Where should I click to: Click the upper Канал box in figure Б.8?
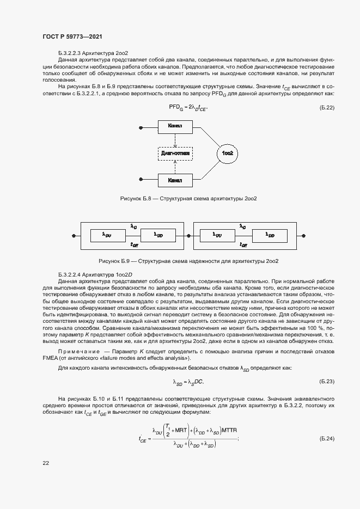click(175, 126)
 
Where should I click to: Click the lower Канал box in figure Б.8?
click(175, 179)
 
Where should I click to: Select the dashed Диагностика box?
click(175, 153)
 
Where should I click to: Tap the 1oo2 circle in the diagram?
click(227, 154)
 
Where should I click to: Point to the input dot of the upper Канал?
click(141, 127)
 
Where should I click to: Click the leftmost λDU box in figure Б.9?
click(107, 235)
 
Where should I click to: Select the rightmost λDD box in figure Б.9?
click(270, 235)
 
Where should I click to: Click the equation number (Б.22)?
click(326, 108)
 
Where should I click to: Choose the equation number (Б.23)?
click(326, 381)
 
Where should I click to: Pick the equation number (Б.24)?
click(326, 438)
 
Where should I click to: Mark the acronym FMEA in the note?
click(50, 359)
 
